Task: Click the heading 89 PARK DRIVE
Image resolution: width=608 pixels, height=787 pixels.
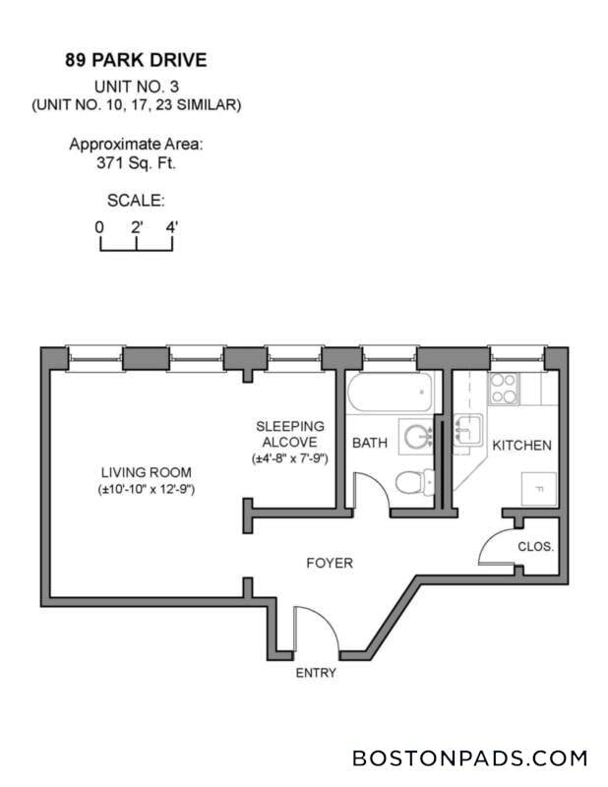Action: tap(136, 60)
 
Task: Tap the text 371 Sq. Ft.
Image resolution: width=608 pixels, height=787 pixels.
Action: tap(136, 162)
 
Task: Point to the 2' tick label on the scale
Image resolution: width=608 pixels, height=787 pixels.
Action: tap(137, 226)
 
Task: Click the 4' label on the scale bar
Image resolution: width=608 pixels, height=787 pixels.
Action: tap(172, 226)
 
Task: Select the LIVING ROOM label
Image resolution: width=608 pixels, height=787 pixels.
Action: tap(146, 470)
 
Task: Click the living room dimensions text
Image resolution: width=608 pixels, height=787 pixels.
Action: tap(146, 489)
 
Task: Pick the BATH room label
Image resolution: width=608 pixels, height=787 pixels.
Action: tap(370, 444)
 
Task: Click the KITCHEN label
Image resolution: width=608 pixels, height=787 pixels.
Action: tap(521, 446)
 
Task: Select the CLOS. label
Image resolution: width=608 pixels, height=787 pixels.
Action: tap(536, 546)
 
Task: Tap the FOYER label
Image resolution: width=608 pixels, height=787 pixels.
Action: tap(329, 564)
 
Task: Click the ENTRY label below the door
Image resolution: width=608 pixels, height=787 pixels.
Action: tap(316, 674)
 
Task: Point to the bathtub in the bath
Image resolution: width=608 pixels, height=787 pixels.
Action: tap(388, 395)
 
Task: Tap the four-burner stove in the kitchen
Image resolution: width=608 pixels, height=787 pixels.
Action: tap(505, 389)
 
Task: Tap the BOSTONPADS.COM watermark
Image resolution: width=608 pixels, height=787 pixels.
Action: tap(469, 758)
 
